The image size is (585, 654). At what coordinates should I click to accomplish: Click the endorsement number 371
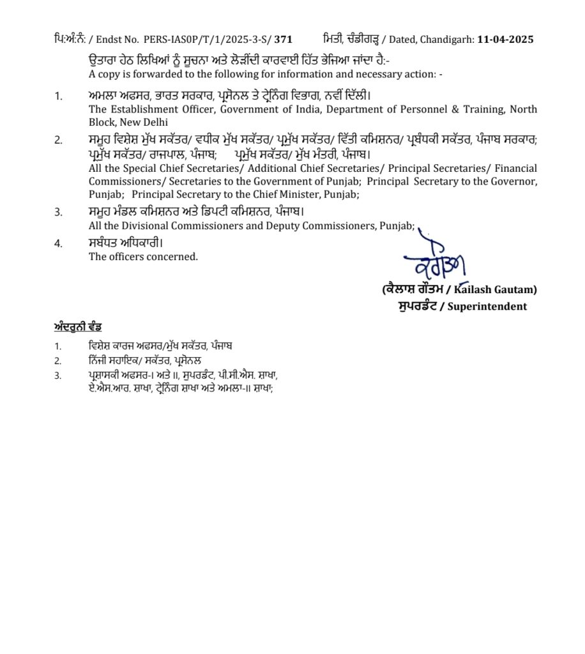[284, 40]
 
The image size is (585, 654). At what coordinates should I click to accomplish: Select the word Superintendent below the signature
[487, 307]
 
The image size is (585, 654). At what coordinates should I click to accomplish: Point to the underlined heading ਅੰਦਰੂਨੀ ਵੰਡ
[78, 328]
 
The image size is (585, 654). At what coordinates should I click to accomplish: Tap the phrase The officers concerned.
[143, 257]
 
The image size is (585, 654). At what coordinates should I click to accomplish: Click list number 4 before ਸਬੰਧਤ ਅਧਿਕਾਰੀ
[58, 243]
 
